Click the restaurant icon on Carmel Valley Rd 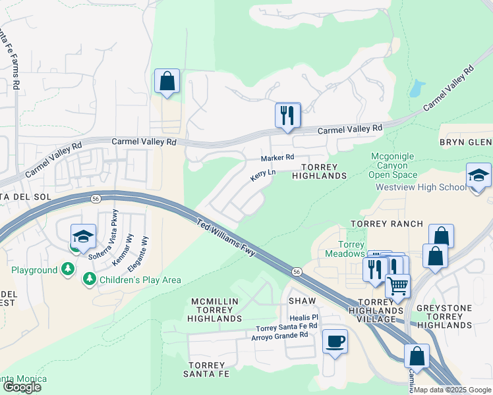[287, 116]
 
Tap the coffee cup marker [335, 342]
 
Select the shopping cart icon [397, 286]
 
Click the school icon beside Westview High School [478, 176]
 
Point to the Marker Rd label [277, 158]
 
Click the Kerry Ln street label [262, 176]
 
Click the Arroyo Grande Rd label [279, 335]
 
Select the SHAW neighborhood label [303, 300]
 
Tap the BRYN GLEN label [466, 142]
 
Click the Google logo [22, 387]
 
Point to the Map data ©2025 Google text [453, 390]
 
